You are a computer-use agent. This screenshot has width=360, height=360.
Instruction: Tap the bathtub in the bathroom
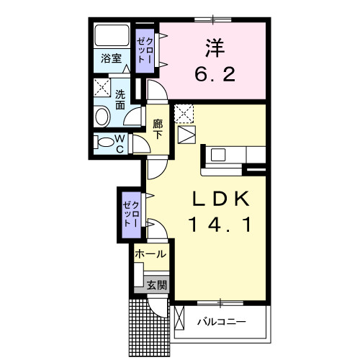111,37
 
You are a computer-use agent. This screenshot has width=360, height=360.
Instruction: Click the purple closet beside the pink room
146,52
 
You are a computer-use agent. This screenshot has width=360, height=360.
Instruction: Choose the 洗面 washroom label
120,99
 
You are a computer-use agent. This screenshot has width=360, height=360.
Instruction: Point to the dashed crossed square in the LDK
185,114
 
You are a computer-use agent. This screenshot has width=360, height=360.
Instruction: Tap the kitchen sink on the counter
219,153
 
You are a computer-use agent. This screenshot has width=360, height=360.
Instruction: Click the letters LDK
221,199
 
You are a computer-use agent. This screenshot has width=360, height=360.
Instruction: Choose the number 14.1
220,225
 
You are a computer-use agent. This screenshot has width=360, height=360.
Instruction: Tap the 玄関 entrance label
157,284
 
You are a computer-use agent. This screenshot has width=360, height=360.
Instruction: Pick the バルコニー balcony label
222,320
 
